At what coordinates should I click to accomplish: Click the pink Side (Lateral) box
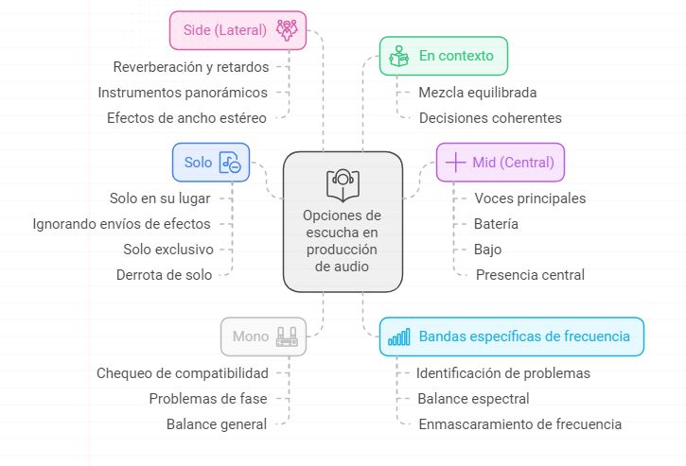[x=237, y=29]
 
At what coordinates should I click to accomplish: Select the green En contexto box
[x=443, y=56]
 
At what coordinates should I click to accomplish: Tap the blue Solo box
[x=210, y=163]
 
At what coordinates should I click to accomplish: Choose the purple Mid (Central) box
[x=500, y=162]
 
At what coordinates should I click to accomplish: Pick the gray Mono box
[x=263, y=336]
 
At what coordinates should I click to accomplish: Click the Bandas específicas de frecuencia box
[x=511, y=337]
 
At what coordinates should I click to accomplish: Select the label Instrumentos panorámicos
[x=183, y=93]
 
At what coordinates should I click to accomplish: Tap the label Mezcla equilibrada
[x=478, y=93]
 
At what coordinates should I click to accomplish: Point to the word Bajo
[x=487, y=250]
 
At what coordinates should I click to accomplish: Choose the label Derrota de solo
[x=164, y=275]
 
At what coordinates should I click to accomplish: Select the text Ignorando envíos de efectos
[x=121, y=224]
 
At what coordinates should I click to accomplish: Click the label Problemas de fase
[x=207, y=398]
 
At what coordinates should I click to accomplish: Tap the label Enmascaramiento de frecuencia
[x=519, y=424]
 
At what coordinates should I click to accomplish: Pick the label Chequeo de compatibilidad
[x=182, y=372]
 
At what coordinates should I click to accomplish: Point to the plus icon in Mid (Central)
[x=455, y=162]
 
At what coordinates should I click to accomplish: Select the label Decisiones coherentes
[x=490, y=118]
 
